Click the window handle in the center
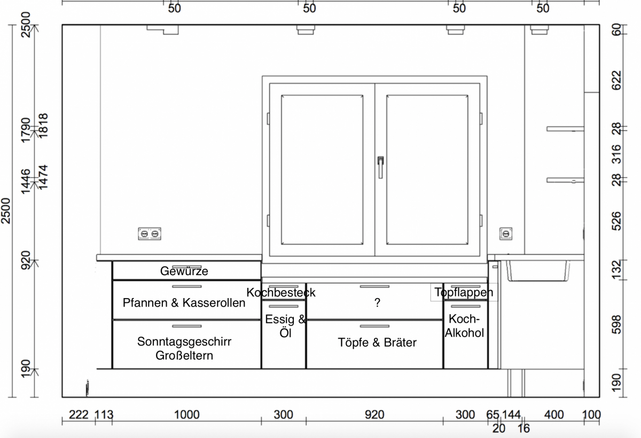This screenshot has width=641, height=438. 380,167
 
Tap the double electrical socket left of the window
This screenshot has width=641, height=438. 150,234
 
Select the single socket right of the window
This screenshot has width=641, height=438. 506,234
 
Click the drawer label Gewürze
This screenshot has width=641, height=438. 184,271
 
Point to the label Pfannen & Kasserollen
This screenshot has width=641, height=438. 184,302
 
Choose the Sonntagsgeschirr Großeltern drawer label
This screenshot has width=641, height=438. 184,348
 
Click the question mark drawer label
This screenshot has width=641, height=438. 377,302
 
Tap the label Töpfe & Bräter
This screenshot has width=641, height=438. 377,342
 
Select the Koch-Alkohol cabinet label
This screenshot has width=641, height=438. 464,326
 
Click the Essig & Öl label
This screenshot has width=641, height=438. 285,326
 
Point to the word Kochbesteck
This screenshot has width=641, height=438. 281,292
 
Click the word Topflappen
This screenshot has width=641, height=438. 464,292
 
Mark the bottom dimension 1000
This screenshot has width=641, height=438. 186,414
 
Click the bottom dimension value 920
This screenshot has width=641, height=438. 374,414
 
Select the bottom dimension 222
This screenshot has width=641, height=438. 79,414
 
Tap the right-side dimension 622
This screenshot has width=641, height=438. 616,81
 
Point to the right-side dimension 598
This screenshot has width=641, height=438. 616,325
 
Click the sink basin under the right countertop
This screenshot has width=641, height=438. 537,270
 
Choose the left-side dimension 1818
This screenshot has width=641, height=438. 43,126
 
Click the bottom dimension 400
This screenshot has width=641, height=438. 554,414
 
